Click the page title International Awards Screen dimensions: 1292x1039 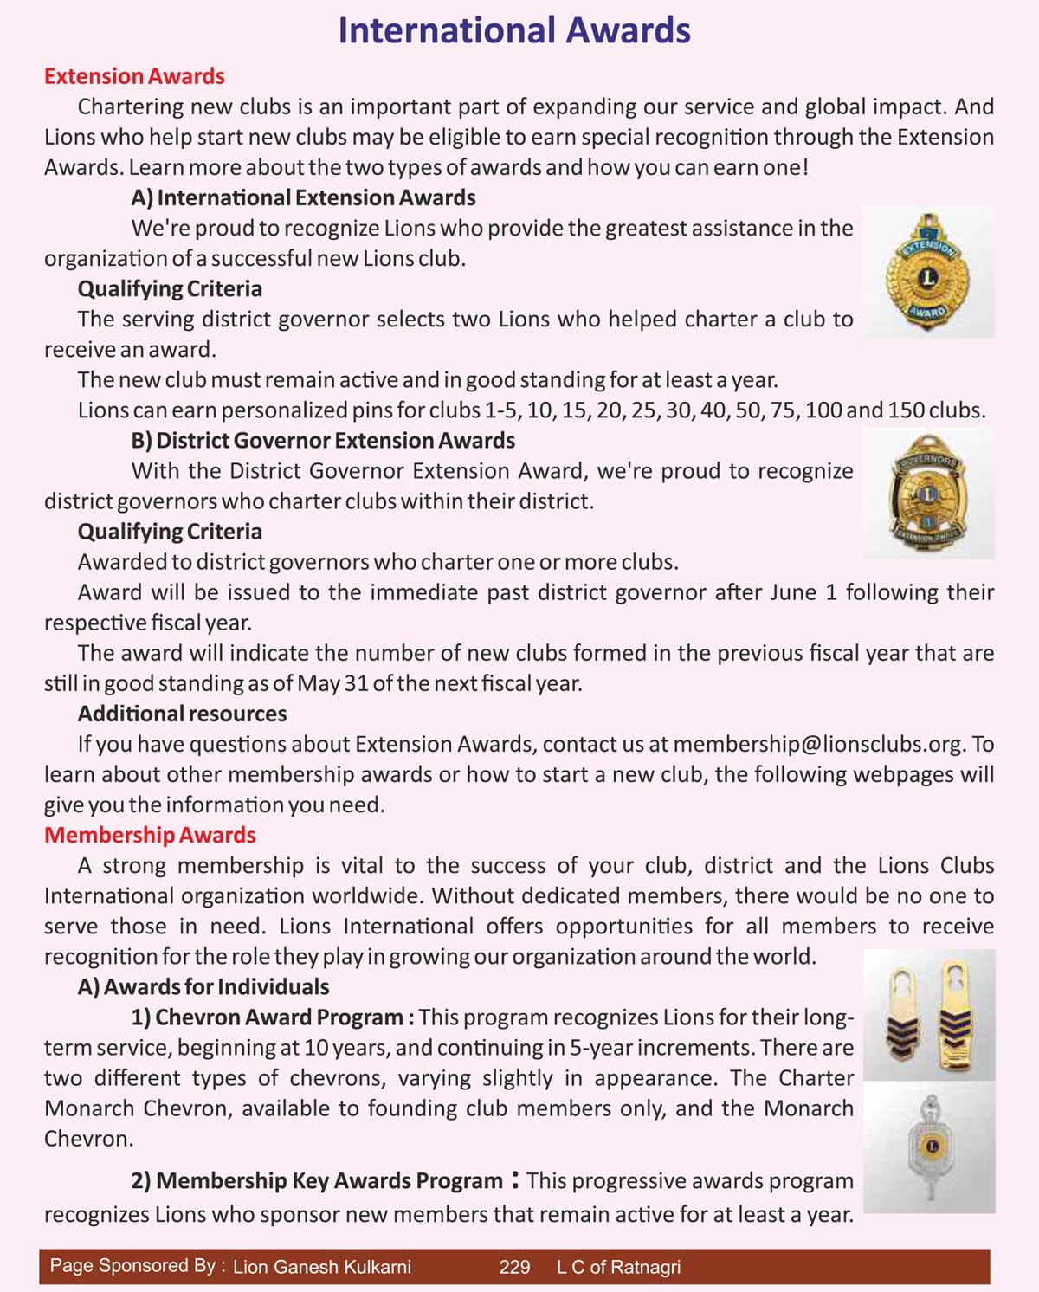514,30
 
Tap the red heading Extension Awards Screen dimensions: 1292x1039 134,76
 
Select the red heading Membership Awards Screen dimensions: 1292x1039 150,835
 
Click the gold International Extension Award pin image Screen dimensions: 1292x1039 928,272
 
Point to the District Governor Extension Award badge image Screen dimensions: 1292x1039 928,494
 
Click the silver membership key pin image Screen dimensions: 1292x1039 930,1147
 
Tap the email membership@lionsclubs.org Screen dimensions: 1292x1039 817,744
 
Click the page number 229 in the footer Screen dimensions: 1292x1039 514,1267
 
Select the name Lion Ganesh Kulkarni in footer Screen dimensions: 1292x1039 322,1267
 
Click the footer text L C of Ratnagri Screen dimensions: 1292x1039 618,1267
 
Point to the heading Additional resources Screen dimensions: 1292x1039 182,714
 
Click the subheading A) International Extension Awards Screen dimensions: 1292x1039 303,197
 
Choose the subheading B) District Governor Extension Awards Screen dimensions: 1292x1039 323,440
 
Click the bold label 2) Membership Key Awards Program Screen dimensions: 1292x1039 317,1181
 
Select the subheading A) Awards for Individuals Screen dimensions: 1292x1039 203,986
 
